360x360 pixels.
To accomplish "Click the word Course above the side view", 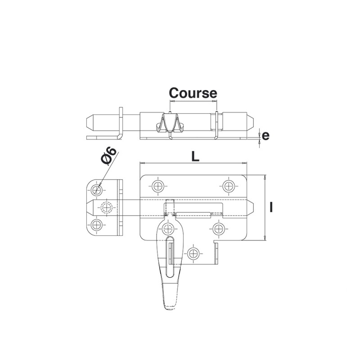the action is pos(193,93).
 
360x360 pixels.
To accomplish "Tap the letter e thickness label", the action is pos(265,136).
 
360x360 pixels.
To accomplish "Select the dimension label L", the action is pos(195,157).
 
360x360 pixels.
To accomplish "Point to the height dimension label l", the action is pos(271,207).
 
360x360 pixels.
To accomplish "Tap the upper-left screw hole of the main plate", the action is pos(158,186).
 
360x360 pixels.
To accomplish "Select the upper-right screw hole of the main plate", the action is pos(229,186).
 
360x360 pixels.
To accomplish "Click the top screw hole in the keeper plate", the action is pos(97,190).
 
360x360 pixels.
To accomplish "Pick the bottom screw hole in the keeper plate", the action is pos(97,225).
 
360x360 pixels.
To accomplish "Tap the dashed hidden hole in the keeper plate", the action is pos(107,207).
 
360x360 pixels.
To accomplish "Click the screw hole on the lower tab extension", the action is pos(193,254).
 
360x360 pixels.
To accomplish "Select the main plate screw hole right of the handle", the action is pos(218,229).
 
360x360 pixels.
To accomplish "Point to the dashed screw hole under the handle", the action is pos(168,229).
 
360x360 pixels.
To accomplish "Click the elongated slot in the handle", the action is pos(170,257).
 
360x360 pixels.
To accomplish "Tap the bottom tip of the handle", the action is pos(170,310).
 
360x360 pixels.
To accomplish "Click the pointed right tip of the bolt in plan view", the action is pos(253,207).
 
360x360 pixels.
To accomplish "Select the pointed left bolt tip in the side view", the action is pos(87,122).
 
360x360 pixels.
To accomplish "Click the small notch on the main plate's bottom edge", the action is pos(216,242).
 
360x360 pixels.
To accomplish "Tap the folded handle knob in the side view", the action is pos(170,124).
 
